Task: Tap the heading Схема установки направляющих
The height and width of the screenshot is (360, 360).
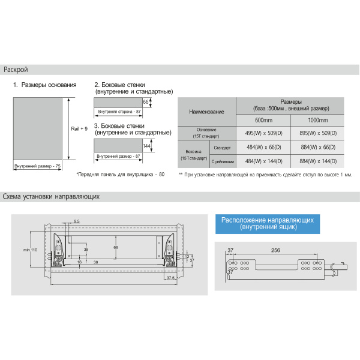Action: point(50,196)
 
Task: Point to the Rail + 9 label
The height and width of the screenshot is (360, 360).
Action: point(79,128)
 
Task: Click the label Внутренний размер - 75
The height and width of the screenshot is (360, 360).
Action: point(38,165)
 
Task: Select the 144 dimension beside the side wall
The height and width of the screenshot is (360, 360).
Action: point(146,146)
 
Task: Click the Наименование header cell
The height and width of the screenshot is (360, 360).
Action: point(206,112)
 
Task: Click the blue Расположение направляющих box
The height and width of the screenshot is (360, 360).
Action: point(267,224)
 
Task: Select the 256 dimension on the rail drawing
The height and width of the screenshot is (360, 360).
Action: point(276,250)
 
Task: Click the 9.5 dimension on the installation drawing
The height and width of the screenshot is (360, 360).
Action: point(77,222)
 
